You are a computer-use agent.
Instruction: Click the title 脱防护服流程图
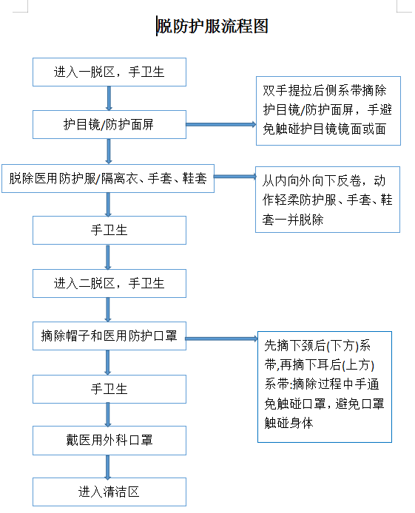coord(212,27)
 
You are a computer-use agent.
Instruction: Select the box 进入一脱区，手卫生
coord(109,72)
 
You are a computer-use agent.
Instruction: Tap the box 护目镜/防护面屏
coord(109,125)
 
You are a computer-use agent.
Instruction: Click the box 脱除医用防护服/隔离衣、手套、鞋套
coord(108,178)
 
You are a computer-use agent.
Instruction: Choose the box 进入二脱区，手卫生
coord(109,283)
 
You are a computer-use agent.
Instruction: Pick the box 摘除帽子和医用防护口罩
coord(109,336)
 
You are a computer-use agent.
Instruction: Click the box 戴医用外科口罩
coord(109,441)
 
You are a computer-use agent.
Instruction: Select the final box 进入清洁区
coord(109,492)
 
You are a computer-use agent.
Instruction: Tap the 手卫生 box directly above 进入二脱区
coord(109,230)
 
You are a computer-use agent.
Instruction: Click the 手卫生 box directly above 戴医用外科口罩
coord(109,389)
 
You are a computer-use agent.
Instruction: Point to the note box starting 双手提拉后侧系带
coord(328,111)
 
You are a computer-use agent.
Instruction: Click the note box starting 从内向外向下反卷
coord(328,200)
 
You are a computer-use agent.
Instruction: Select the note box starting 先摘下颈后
coord(324,387)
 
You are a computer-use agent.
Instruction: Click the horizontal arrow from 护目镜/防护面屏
coord(220,124)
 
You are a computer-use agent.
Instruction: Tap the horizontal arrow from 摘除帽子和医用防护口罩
coord(221,339)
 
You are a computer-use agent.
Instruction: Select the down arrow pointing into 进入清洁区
coord(109,466)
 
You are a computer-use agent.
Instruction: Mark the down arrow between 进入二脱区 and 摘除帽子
coord(109,310)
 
